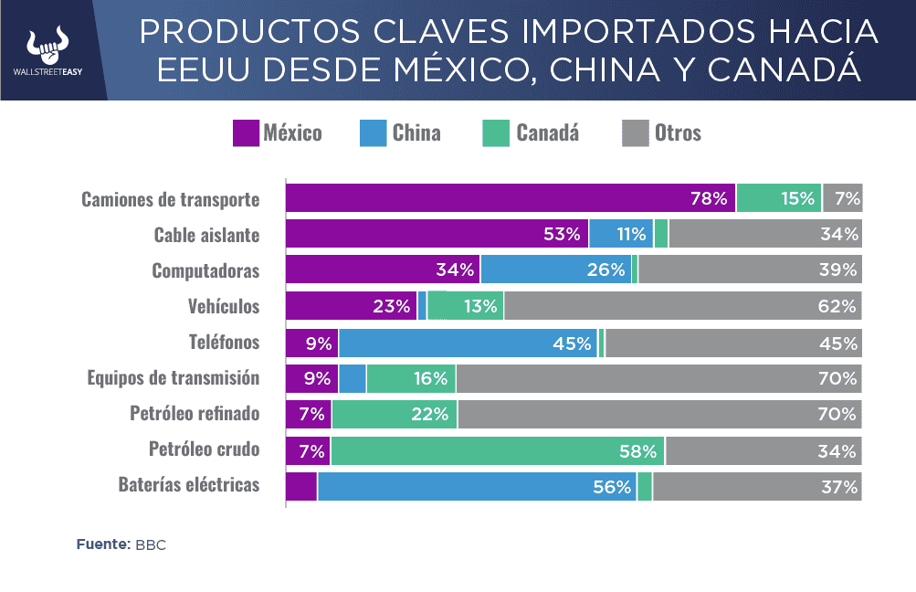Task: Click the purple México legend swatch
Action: (x=246, y=133)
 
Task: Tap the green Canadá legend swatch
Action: (x=496, y=133)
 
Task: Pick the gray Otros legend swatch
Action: (x=635, y=133)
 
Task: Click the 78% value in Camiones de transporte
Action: (x=709, y=198)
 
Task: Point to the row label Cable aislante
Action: (x=206, y=235)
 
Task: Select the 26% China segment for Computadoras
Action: (x=556, y=270)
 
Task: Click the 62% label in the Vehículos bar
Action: (x=837, y=306)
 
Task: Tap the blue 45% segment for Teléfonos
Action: (x=469, y=344)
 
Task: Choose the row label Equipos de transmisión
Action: (x=174, y=378)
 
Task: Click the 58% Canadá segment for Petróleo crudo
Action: (x=498, y=450)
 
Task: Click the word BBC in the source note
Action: (x=151, y=544)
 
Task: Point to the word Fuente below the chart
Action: (x=102, y=544)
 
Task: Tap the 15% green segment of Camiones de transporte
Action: (x=779, y=198)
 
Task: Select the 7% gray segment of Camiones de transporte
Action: (x=843, y=198)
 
